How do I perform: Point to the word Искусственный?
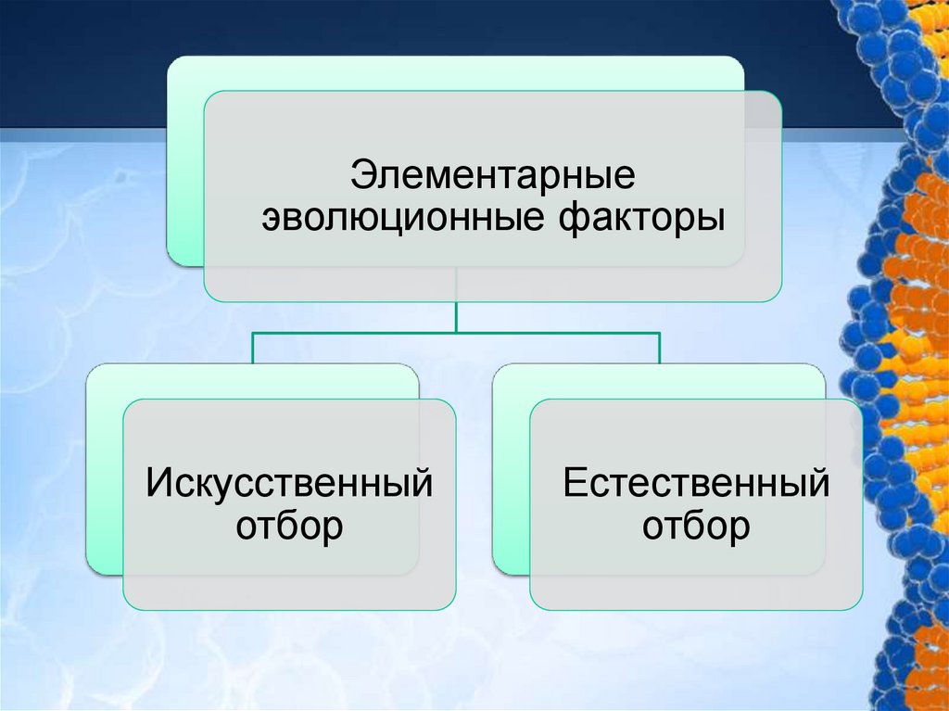[289, 483]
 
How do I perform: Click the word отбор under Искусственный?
[289, 527]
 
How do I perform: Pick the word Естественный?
[696, 483]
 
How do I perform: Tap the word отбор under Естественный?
[696, 527]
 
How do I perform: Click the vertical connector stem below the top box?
[456, 315]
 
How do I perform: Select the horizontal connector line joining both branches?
[556, 333]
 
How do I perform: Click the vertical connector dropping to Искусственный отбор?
[254, 348]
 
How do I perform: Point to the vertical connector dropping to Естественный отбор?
[659, 348]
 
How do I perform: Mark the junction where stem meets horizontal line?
[456, 333]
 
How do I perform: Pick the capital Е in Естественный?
[574, 483]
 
